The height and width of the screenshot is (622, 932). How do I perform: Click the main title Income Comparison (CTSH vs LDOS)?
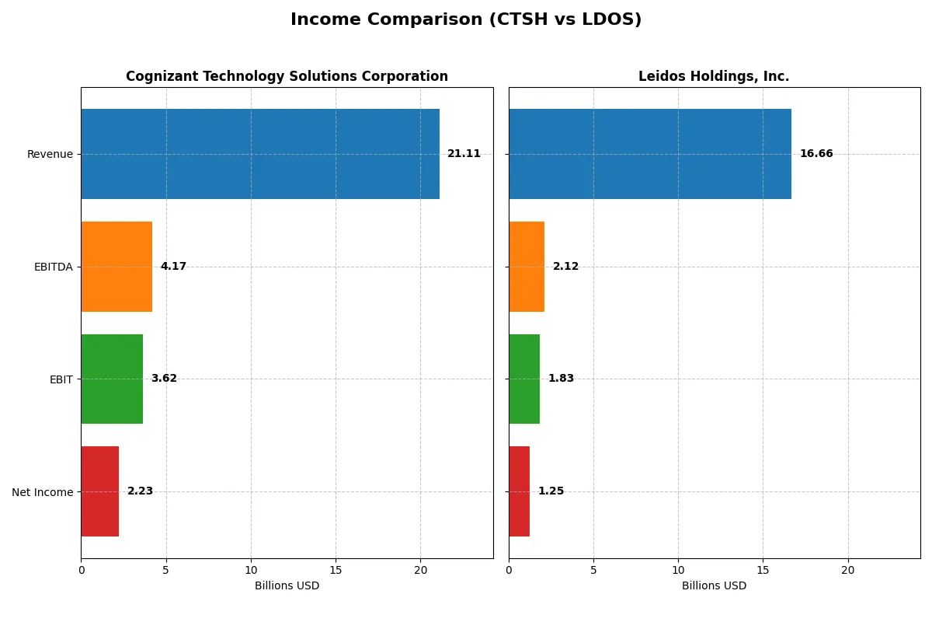(466, 20)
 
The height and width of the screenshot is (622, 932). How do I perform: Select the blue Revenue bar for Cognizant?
(260, 154)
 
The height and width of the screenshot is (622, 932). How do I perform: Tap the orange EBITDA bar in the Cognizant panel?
(116, 267)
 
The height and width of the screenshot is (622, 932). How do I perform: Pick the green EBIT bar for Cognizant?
(112, 379)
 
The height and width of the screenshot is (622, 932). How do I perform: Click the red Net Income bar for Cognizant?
(99, 491)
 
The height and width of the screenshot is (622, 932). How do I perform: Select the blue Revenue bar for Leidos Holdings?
(650, 154)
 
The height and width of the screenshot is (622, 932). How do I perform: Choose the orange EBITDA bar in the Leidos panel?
(527, 267)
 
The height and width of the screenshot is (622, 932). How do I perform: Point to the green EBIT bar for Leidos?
(524, 379)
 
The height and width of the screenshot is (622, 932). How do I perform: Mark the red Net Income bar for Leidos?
(519, 491)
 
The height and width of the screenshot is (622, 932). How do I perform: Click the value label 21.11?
(464, 154)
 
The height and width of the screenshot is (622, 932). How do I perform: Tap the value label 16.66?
(816, 154)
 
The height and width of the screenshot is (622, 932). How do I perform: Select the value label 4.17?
(173, 267)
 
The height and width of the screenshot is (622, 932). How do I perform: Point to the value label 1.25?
(551, 491)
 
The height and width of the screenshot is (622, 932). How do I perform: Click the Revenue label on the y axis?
(50, 154)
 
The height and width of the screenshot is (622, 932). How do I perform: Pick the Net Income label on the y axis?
(43, 492)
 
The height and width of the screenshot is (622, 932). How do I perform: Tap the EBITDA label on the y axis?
(53, 267)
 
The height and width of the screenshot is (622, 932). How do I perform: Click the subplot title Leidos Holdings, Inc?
(714, 76)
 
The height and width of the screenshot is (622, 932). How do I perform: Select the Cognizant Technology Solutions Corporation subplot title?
(287, 76)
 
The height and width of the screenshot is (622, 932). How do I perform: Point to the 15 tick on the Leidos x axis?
(763, 570)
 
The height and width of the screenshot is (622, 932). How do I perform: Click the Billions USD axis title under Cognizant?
(287, 586)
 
